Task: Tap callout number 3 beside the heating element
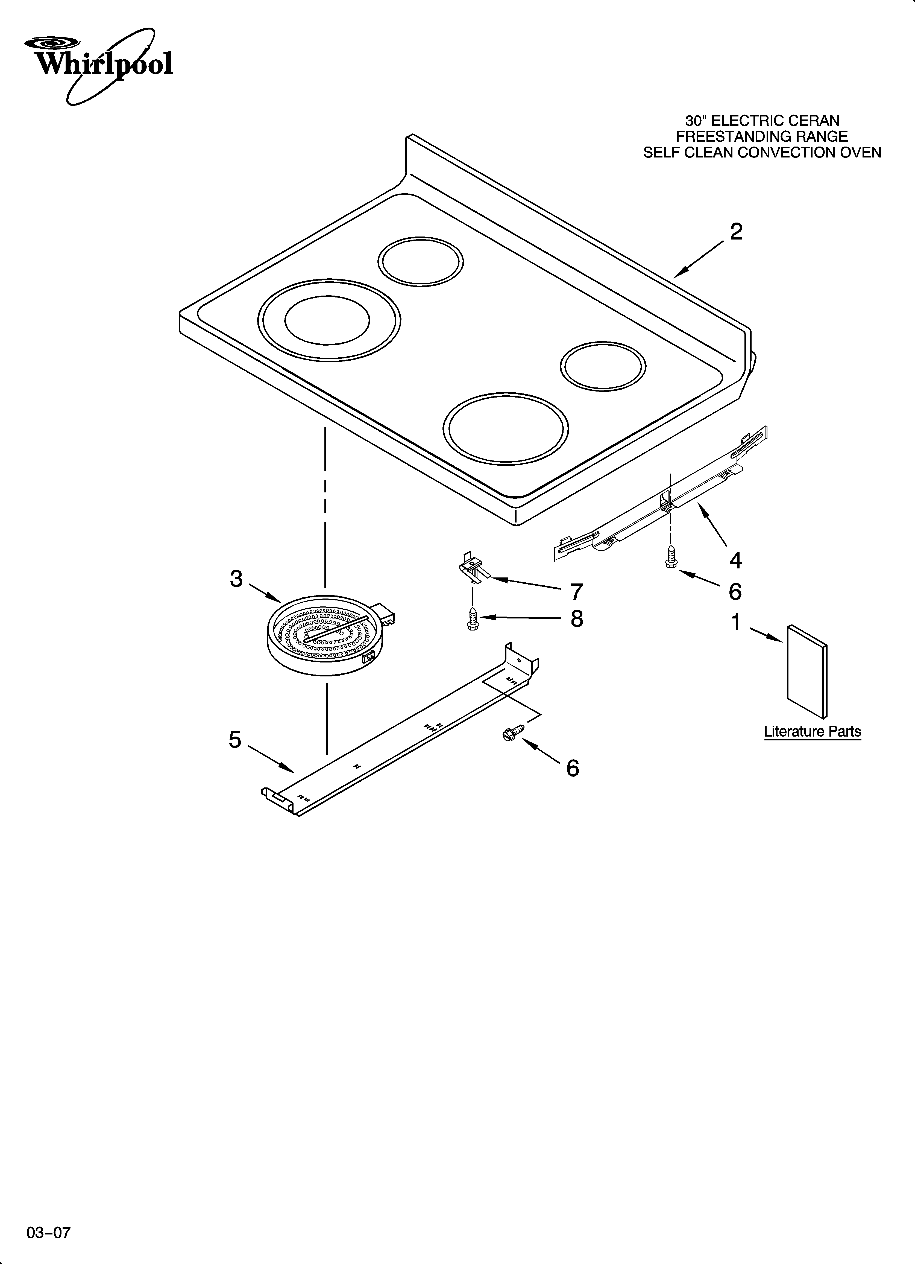[236, 579]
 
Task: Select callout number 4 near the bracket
[735, 560]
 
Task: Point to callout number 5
[235, 740]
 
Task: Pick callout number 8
[577, 619]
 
